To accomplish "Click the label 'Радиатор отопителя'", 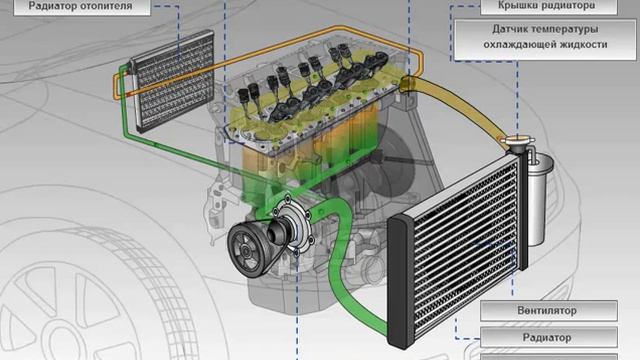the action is coord(82,7).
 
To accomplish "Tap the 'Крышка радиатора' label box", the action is coord(549,7).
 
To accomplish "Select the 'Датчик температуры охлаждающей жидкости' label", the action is coord(545,40).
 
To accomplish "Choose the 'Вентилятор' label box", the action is coord(549,311).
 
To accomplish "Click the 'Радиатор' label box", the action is coord(549,338).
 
